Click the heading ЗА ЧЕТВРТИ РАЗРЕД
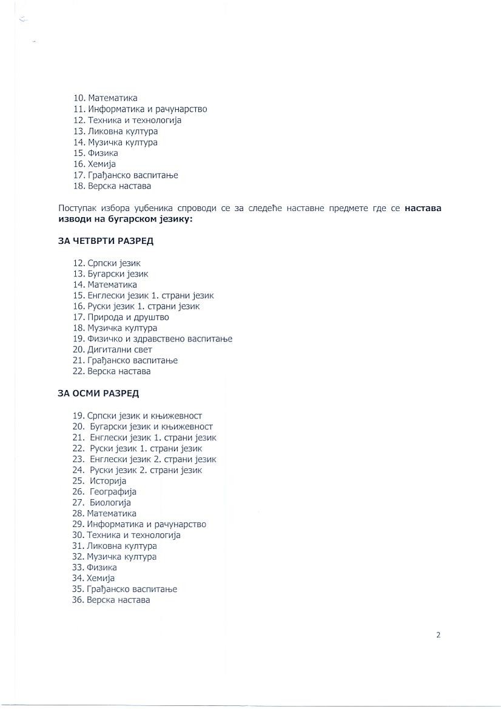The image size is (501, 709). pos(106,241)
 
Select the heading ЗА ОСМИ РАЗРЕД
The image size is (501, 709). pos(98,394)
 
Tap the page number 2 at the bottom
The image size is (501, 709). pos(438,635)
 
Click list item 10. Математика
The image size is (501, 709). pos(105,98)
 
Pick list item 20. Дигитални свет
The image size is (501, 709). pos(112,349)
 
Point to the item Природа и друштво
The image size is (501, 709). pos(128,317)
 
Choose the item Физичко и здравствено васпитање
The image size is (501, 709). pos(160,338)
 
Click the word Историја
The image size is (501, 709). pos(108,481)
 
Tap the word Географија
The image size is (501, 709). pos(113,492)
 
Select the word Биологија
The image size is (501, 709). pos(110,503)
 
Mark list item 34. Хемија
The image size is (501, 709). pos(93,578)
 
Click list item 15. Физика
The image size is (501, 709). pos(95,153)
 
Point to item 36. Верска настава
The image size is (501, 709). pos(110,600)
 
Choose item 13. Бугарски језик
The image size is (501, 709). pos(110,274)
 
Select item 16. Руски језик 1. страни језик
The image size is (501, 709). pos(136,306)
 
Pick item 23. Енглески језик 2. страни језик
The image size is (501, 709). pos(144,459)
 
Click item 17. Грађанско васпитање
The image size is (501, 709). pos(125,175)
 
